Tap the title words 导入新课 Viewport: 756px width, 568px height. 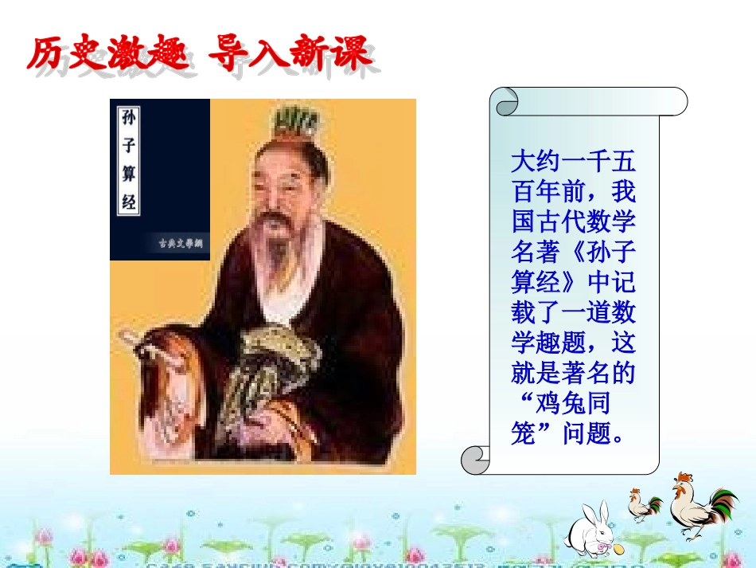290,54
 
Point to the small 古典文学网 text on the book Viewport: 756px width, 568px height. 174,244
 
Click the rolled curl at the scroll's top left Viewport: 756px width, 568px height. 505,101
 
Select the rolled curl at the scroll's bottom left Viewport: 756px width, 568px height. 475,459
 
